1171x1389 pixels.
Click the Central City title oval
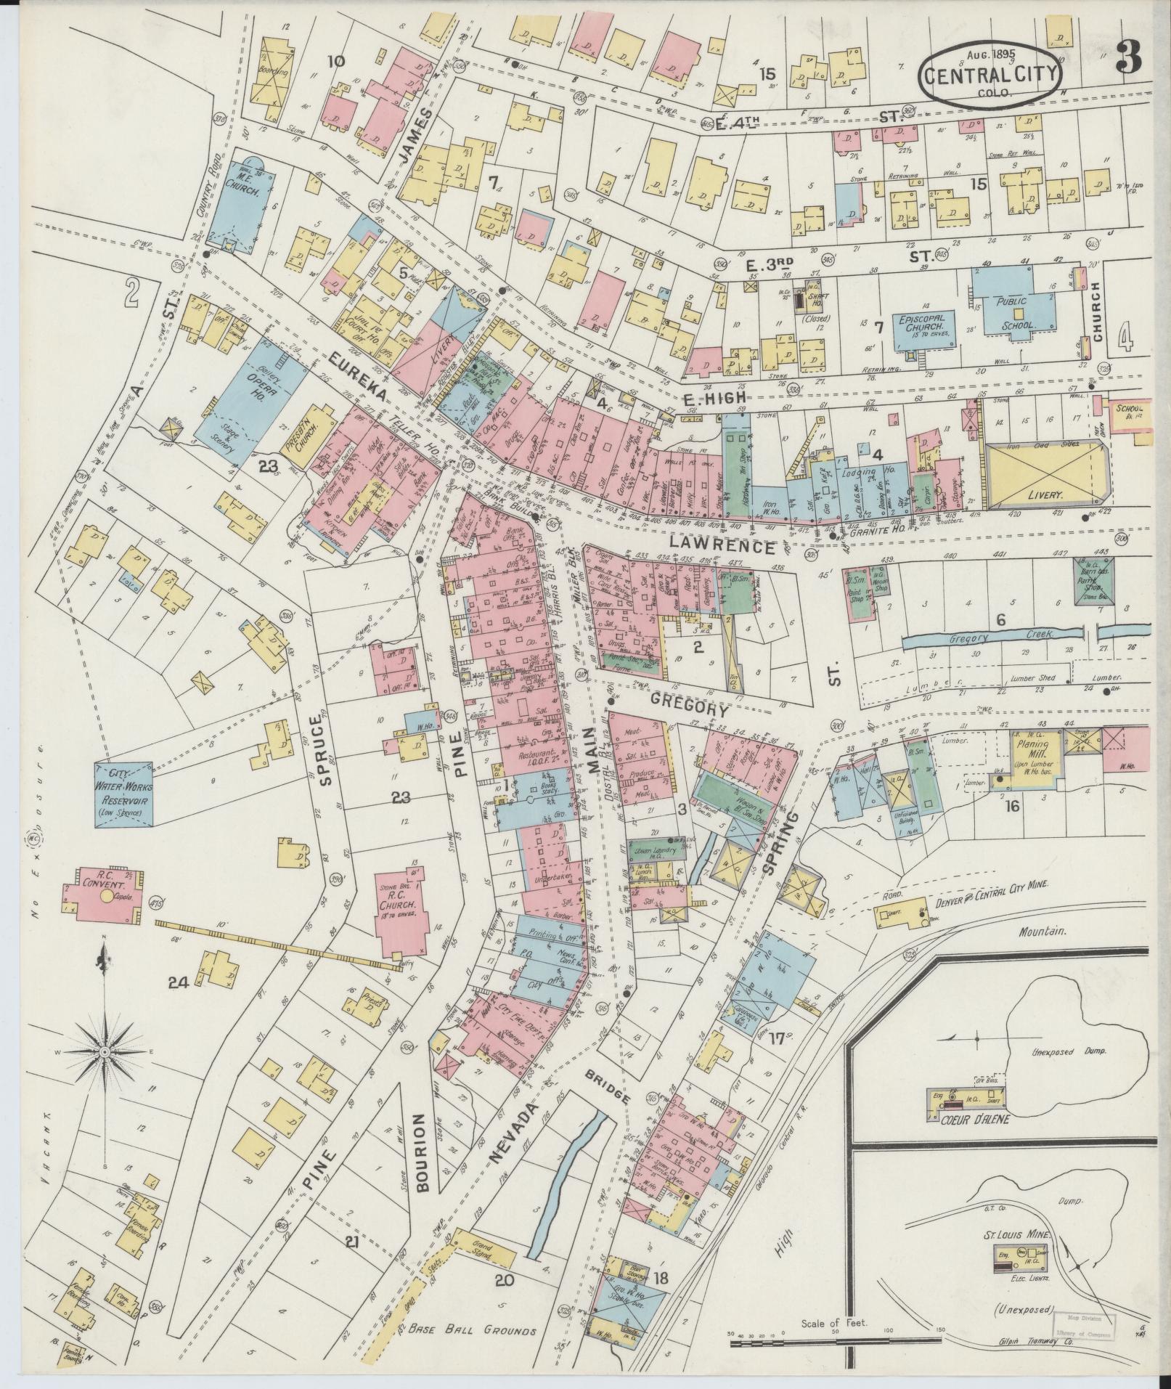(990, 73)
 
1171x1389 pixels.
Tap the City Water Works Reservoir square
(123, 793)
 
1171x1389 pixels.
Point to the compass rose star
(104, 1051)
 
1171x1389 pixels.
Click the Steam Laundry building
(657, 850)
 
